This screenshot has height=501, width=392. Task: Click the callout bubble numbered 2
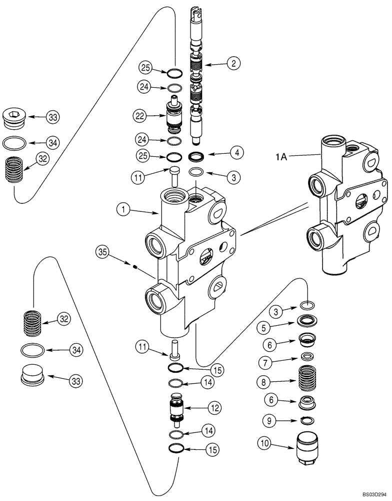point(233,63)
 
